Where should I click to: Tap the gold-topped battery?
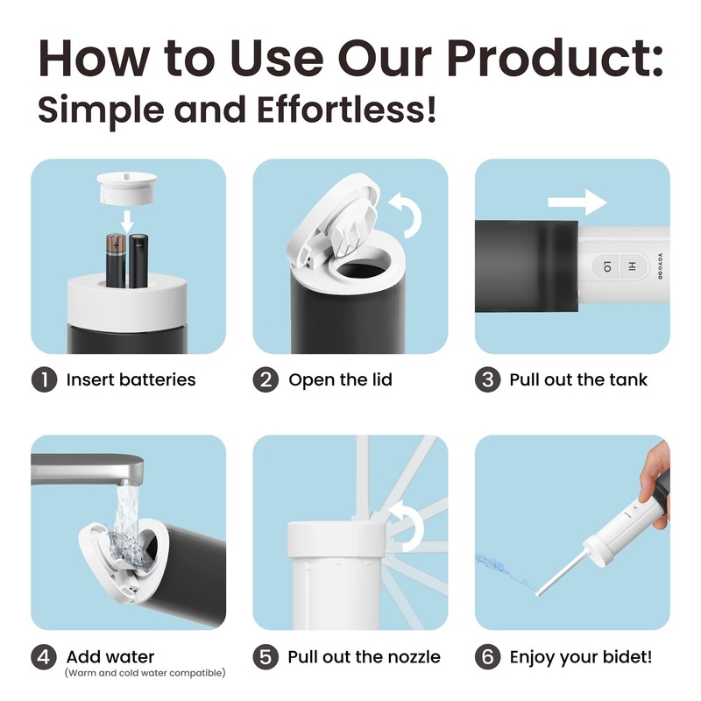tap(116, 259)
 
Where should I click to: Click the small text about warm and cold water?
tap(145, 673)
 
